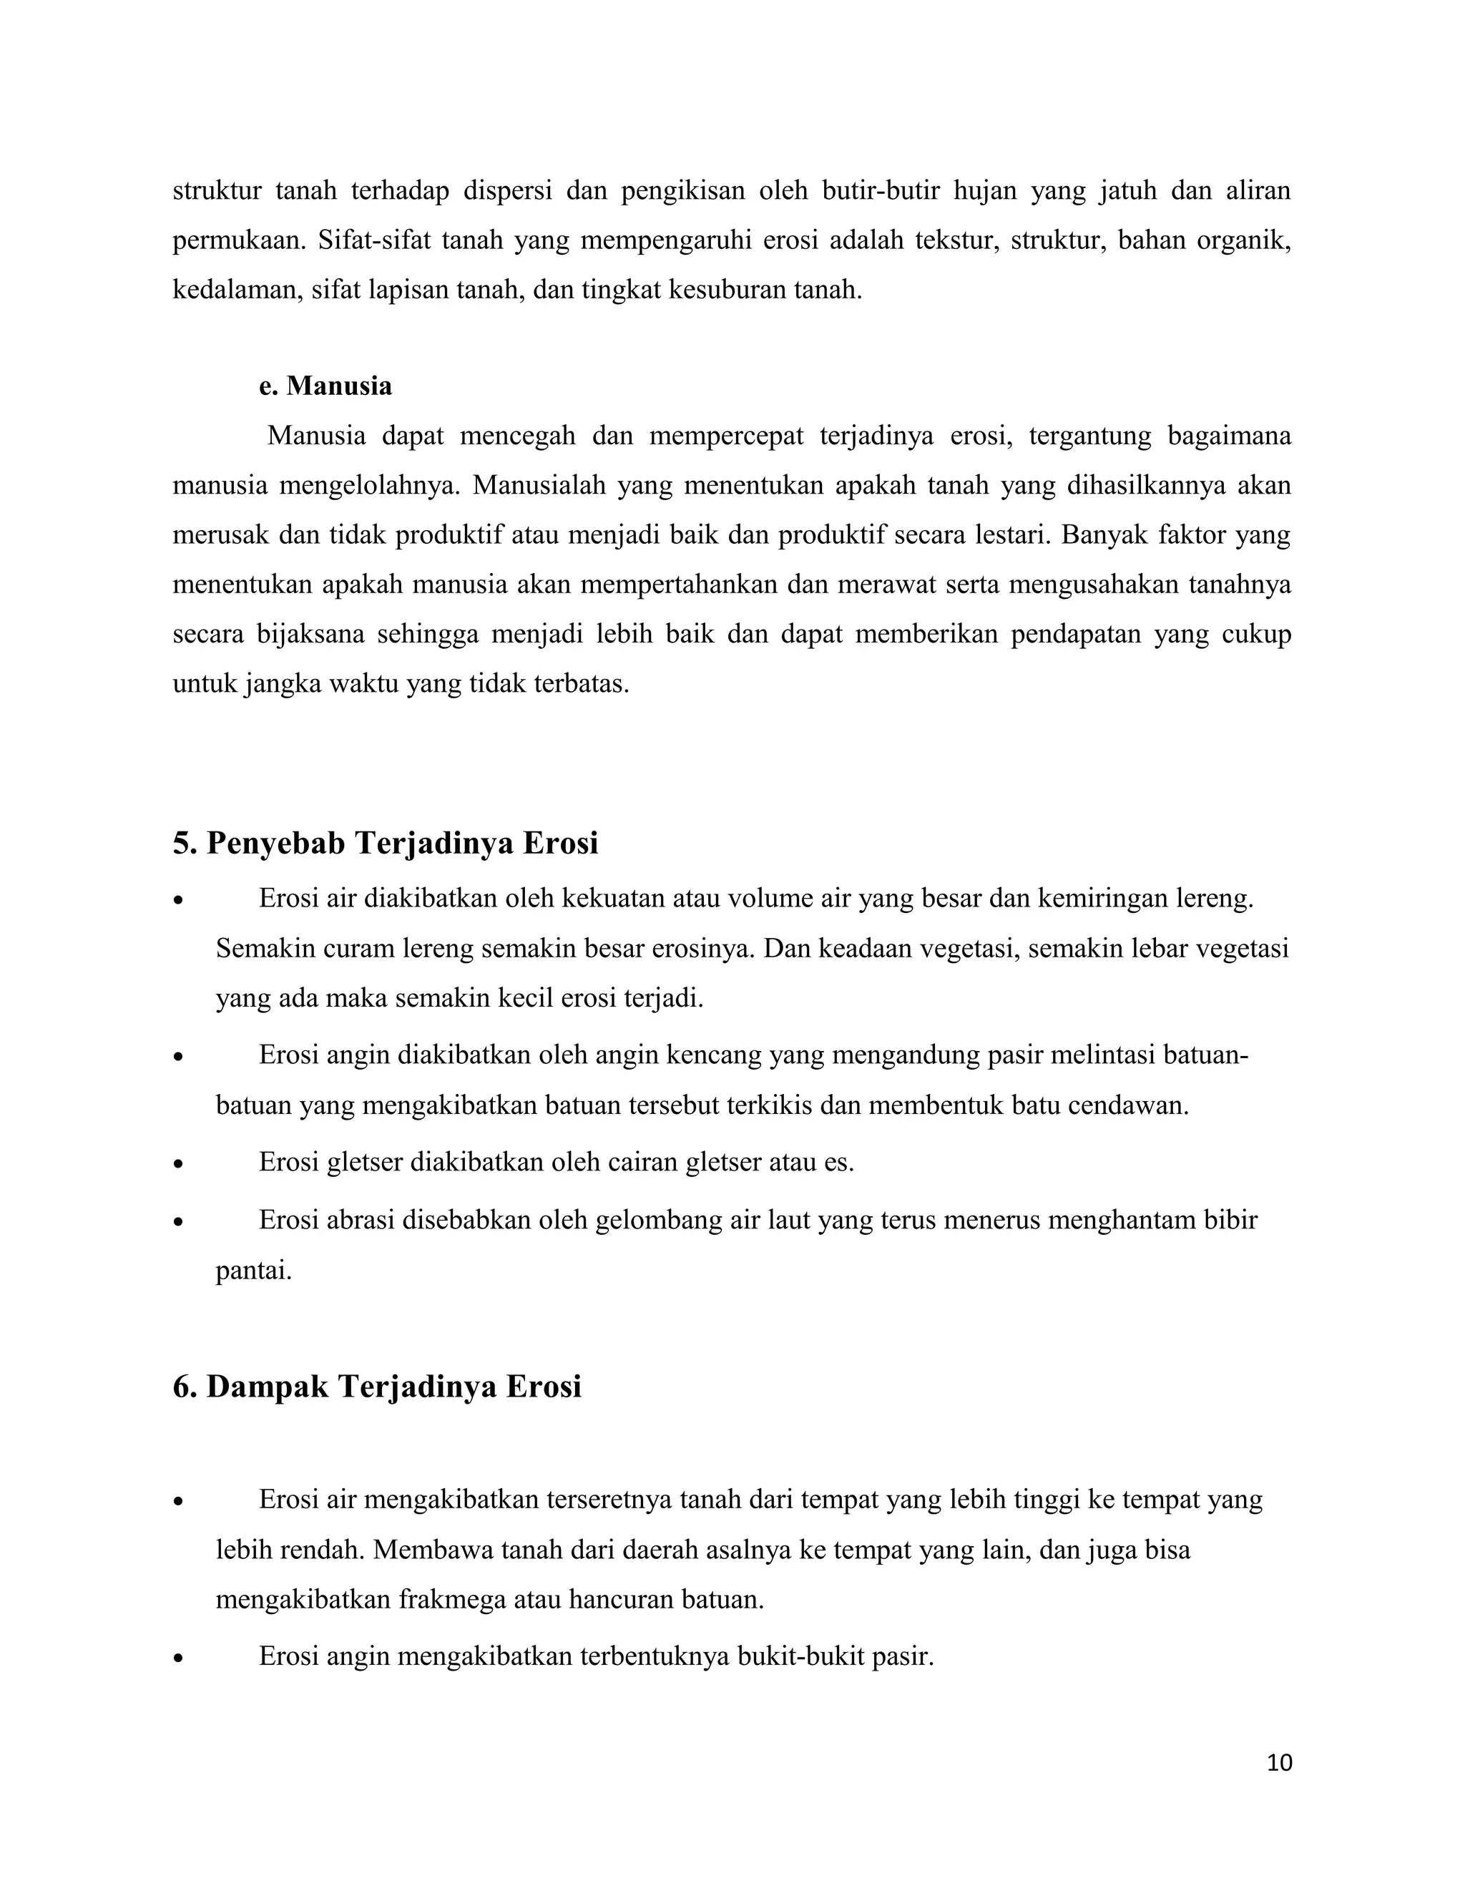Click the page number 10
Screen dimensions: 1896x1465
click(1279, 1763)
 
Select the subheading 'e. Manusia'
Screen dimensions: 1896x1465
click(325, 386)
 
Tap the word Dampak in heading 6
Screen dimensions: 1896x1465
click(266, 1387)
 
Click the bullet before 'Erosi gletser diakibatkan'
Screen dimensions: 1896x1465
click(179, 1164)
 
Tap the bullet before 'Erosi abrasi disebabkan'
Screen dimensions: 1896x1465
click(179, 1222)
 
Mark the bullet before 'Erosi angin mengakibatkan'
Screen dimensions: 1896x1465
click(179, 1659)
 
